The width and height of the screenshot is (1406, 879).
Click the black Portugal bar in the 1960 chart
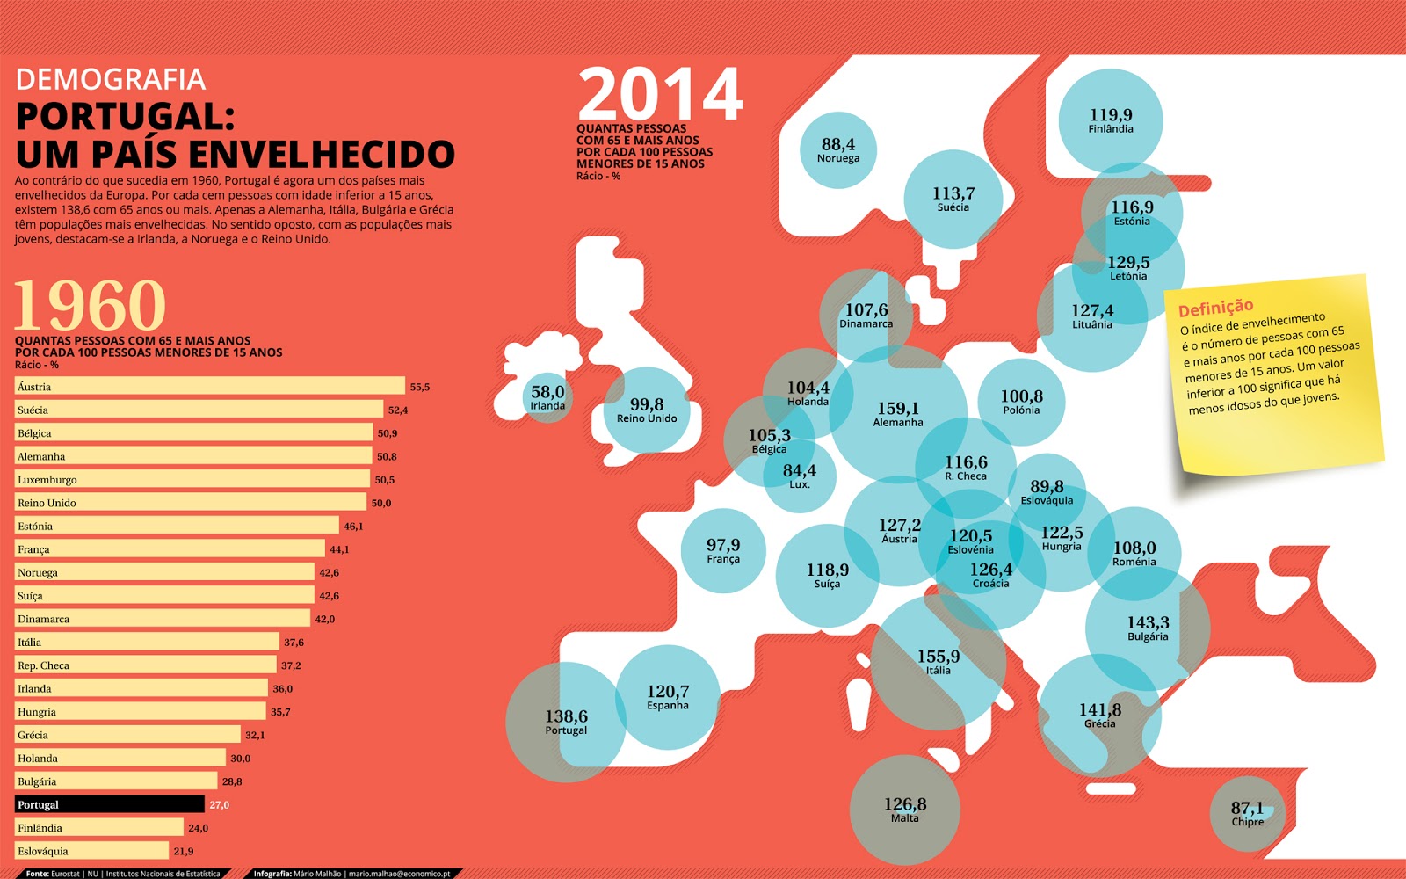110,804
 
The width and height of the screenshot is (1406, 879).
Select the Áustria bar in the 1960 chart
210,386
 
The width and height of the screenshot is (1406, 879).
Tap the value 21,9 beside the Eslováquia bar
184,851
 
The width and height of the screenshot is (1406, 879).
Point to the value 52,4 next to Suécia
398,410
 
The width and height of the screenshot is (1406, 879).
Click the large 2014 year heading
660,95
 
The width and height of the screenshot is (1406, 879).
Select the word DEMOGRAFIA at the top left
111,80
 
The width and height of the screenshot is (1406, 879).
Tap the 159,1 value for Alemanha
897,409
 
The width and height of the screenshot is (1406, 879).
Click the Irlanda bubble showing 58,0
547,396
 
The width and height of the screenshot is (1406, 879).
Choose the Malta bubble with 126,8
904,810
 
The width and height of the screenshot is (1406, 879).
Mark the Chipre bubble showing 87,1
1247,813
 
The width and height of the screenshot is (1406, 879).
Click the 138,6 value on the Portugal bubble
566,716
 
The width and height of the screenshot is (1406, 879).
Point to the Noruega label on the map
838,159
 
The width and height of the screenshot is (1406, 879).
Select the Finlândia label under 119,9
1111,129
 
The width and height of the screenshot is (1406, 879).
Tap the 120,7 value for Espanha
668,692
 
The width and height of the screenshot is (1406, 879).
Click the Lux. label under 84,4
800,485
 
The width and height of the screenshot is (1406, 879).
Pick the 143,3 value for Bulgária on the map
1148,622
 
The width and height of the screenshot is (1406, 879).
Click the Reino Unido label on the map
647,419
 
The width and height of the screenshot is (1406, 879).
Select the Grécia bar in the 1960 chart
127,735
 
